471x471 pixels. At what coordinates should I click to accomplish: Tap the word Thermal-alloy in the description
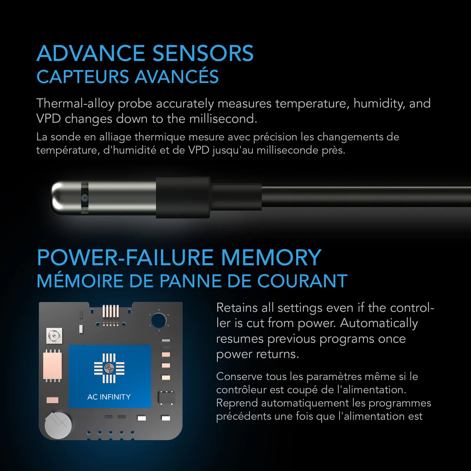(x=75, y=104)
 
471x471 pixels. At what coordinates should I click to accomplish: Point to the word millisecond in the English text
(x=223, y=119)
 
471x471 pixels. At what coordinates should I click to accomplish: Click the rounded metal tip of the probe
(x=59, y=198)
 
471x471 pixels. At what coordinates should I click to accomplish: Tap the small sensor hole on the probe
(x=85, y=198)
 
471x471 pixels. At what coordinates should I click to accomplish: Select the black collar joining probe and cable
(x=183, y=197)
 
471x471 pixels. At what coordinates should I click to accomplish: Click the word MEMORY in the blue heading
(x=271, y=258)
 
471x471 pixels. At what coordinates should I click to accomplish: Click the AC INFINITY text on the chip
(x=109, y=397)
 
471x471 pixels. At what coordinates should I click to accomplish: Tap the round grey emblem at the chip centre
(x=109, y=368)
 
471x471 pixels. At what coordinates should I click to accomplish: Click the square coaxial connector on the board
(x=54, y=336)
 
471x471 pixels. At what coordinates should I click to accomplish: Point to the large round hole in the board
(x=159, y=321)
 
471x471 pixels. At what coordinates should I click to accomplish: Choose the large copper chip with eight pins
(x=53, y=366)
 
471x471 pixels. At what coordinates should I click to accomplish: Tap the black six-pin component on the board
(x=167, y=398)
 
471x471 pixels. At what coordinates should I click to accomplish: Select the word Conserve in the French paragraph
(x=239, y=377)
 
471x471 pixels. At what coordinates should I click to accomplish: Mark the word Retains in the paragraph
(x=237, y=308)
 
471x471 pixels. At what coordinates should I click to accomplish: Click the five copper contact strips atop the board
(x=111, y=311)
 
